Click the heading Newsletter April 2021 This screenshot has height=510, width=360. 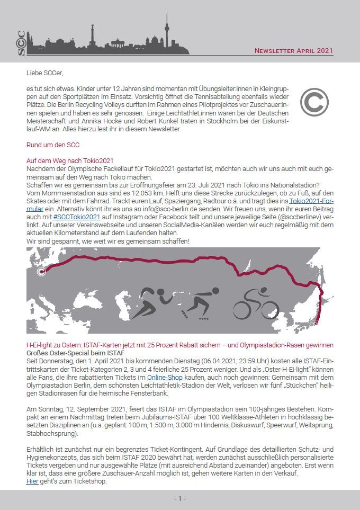pyautogui.click(x=294, y=51)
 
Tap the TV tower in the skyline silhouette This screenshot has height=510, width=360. pyautogui.click(x=166, y=31)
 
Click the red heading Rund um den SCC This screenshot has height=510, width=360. pyautogui.click(x=53, y=145)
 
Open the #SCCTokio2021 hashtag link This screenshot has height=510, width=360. pyautogui.click(x=77, y=217)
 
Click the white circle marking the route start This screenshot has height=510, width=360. pyautogui.click(x=42, y=272)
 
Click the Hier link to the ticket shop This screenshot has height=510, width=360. pyautogui.click(x=32, y=481)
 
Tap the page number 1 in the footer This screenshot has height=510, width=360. pyautogui.click(x=180, y=499)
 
